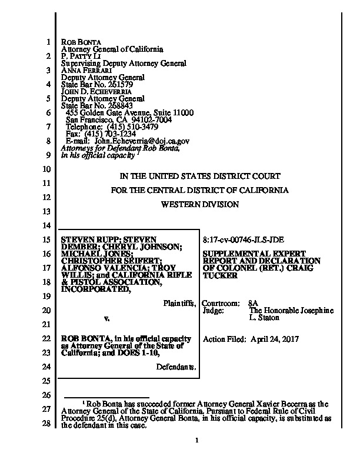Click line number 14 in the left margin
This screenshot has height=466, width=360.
(x=48, y=225)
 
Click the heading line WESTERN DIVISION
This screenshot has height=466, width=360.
(x=201, y=205)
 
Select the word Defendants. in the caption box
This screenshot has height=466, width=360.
(x=176, y=367)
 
